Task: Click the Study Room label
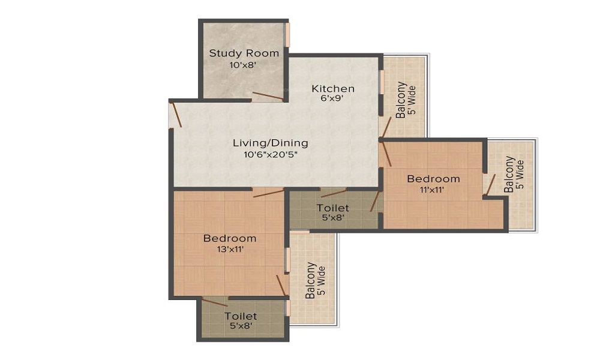(x=244, y=53)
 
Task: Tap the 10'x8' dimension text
(x=242, y=65)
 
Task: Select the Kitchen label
(x=333, y=88)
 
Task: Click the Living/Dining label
(x=271, y=143)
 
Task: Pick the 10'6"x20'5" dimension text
(x=271, y=155)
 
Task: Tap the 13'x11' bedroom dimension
(x=230, y=250)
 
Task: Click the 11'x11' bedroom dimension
(x=433, y=190)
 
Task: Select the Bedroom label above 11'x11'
(x=433, y=179)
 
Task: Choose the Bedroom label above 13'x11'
(x=230, y=238)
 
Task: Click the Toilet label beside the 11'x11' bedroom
(x=332, y=208)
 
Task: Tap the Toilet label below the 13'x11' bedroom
(x=241, y=316)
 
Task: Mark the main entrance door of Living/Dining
(x=176, y=113)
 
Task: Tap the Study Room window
(x=287, y=35)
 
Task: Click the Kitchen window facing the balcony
(x=381, y=82)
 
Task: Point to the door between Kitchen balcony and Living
(x=386, y=127)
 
